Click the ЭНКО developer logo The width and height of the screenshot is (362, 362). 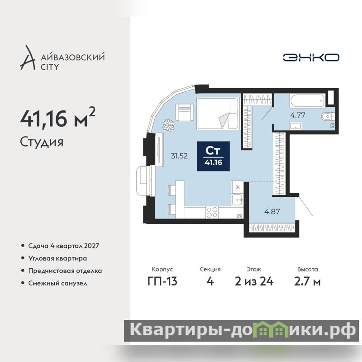tap(311, 57)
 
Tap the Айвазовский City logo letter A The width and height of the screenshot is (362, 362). tap(27, 58)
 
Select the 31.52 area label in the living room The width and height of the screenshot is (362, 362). tap(179, 156)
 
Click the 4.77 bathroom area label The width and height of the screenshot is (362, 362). tap(298, 115)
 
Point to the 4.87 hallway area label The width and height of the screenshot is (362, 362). tap(272, 211)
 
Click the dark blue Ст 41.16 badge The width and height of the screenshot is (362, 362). tap(213, 156)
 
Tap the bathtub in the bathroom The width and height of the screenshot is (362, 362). tap(308, 100)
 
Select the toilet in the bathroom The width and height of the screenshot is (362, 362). tap(328, 117)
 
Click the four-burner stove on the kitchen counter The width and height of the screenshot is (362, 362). tap(212, 212)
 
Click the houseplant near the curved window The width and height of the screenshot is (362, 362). tap(169, 125)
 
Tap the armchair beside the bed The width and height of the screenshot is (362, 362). tap(184, 112)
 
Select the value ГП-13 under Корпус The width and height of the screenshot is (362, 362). tap(162, 281)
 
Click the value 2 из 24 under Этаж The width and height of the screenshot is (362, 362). tap(254, 281)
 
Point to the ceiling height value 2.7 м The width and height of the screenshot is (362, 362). tap(307, 281)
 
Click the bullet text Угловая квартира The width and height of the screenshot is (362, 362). tap(57, 258)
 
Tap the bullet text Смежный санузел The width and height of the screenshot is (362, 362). tap(58, 283)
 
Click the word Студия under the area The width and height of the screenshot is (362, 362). tap(42, 142)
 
